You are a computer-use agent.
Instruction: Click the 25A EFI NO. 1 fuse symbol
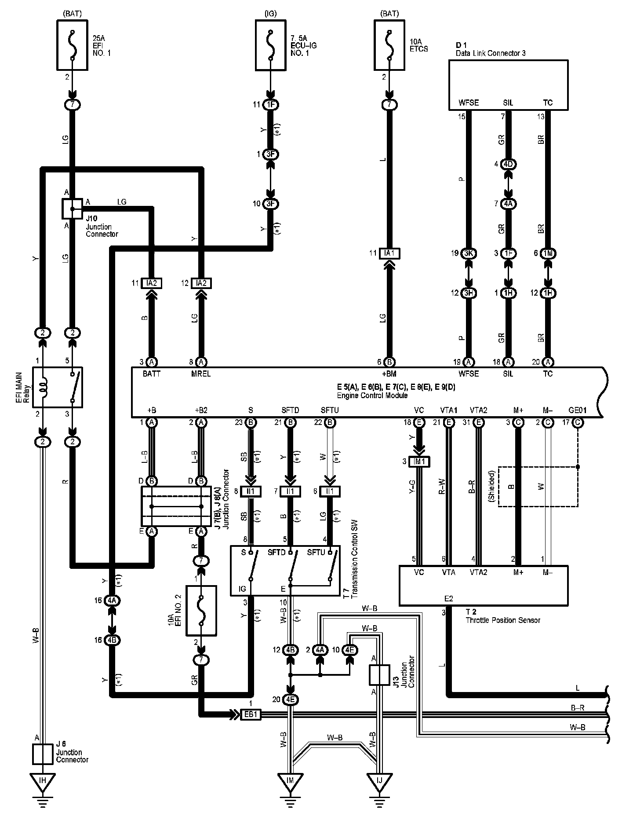(x=72, y=45)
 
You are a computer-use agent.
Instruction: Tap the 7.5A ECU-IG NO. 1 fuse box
(x=271, y=45)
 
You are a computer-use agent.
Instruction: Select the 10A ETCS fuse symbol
(x=389, y=45)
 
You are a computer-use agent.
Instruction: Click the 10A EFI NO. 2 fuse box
(x=201, y=610)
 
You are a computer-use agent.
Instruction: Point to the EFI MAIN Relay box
(x=58, y=388)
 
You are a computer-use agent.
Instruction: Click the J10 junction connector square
(x=72, y=209)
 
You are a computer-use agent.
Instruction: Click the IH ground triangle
(x=43, y=780)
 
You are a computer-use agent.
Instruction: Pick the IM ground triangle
(x=290, y=781)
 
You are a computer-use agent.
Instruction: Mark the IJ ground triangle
(x=379, y=781)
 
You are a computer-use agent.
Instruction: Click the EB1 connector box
(x=251, y=714)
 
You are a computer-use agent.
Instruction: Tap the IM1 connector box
(x=420, y=461)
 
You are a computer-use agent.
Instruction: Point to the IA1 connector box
(x=389, y=253)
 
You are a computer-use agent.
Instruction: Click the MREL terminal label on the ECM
(x=200, y=374)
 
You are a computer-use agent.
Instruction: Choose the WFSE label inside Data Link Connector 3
(x=468, y=103)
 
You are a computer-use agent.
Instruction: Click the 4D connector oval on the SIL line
(x=509, y=164)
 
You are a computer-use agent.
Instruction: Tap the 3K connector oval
(x=469, y=253)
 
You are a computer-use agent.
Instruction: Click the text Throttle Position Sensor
(x=503, y=620)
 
